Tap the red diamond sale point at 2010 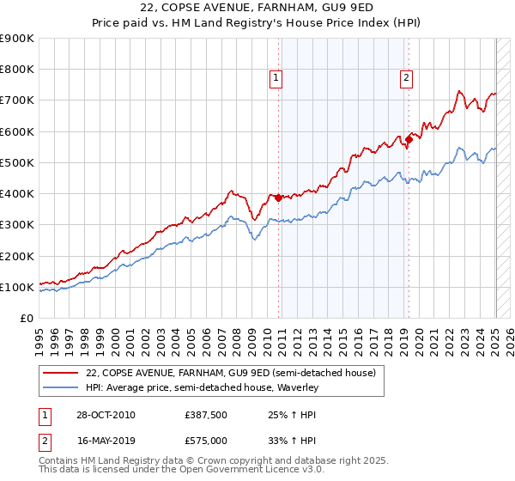[x=278, y=198]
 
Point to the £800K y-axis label [x=17, y=70]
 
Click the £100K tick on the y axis [x=17, y=287]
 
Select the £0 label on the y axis [x=27, y=319]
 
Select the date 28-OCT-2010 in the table [x=106, y=415]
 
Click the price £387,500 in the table [x=206, y=415]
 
